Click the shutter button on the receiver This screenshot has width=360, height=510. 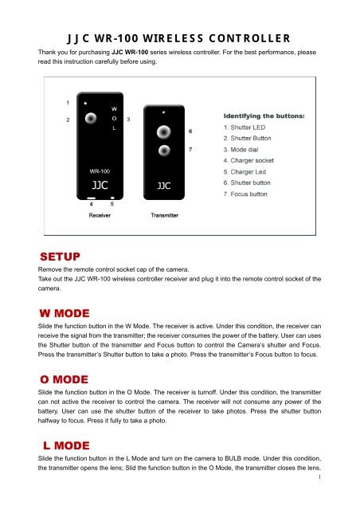click(x=92, y=119)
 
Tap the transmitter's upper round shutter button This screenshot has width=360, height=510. click(x=162, y=131)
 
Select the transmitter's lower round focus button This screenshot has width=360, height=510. click(x=162, y=150)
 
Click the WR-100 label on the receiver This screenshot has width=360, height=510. click(x=99, y=171)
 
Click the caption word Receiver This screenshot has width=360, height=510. click(x=100, y=215)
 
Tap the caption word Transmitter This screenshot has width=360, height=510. click(x=163, y=215)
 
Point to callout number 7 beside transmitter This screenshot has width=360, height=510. click(x=190, y=149)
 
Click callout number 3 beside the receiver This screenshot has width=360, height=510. click(x=129, y=119)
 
